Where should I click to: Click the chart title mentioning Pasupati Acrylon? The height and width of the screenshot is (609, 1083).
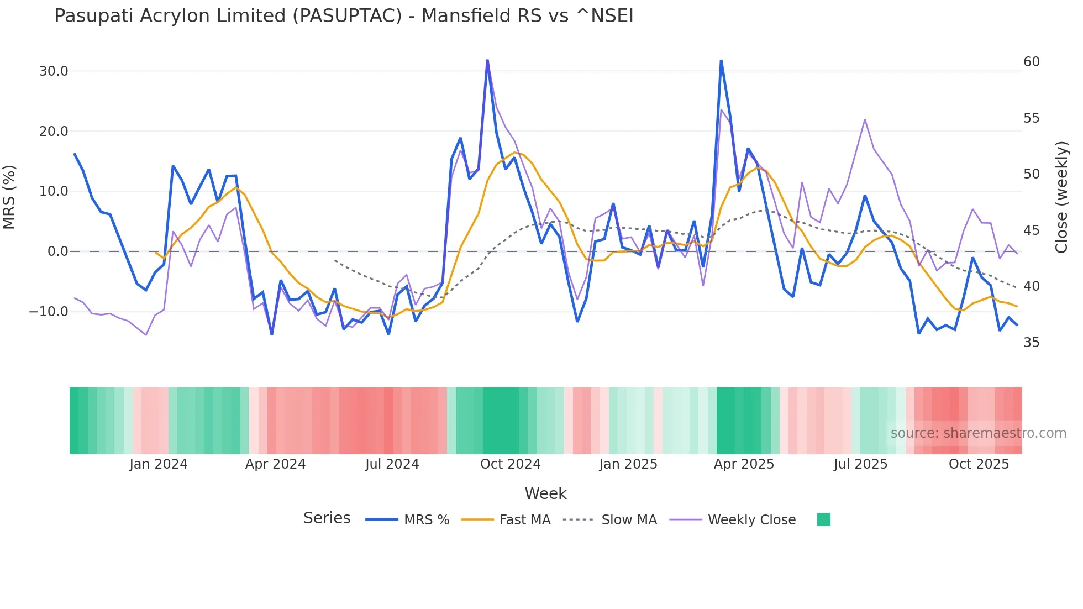(x=344, y=16)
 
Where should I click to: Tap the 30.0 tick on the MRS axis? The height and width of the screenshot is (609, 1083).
(x=54, y=71)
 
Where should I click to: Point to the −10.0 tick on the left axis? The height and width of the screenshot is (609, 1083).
(x=49, y=312)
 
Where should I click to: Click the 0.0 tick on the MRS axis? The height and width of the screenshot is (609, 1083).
(x=57, y=251)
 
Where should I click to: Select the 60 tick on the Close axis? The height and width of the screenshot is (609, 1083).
(x=1031, y=62)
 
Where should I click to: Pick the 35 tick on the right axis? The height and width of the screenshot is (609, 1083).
(x=1031, y=343)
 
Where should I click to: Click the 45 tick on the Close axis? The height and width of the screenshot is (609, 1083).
(x=1031, y=230)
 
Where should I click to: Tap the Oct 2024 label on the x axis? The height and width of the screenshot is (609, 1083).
(x=510, y=464)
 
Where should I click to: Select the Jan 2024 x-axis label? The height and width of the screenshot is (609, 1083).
(x=159, y=464)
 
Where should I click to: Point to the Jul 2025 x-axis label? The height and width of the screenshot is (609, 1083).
(x=860, y=464)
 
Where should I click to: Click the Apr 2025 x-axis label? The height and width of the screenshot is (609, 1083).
(x=744, y=464)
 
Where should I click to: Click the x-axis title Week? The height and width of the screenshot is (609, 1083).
(x=545, y=494)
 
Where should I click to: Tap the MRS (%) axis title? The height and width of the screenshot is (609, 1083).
(x=9, y=197)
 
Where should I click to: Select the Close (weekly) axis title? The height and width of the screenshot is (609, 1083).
(x=1061, y=197)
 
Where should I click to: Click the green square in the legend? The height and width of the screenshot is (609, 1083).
(x=823, y=519)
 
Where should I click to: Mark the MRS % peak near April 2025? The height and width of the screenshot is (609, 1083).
(x=721, y=61)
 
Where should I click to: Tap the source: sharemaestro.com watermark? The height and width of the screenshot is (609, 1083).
(x=978, y=433)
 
